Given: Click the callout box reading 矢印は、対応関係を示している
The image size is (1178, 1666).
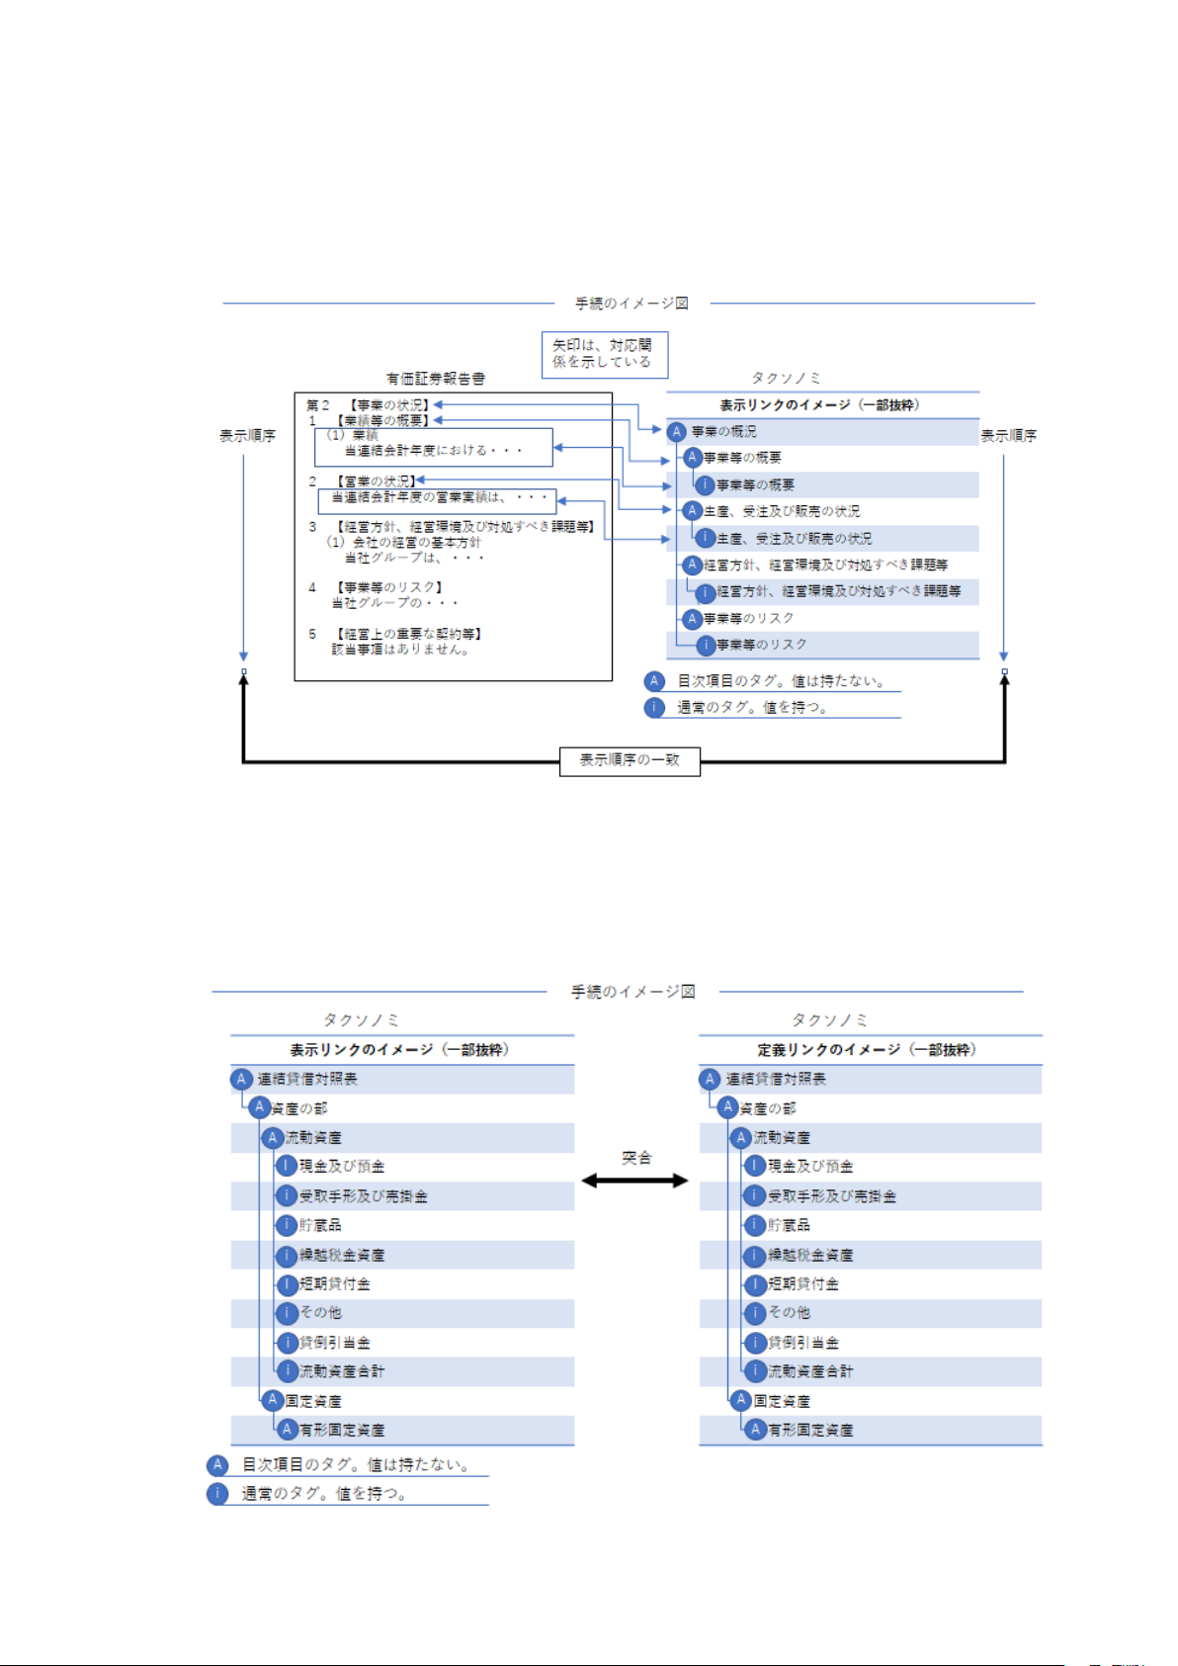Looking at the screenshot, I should point(604,354).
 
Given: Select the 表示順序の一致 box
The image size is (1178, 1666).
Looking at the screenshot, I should point(630,760).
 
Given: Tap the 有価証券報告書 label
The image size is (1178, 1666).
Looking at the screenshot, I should point(435,379).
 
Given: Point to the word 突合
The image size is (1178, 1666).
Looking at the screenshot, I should point(636,1158).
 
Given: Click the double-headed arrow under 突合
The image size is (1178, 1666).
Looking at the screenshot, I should point(634,1181).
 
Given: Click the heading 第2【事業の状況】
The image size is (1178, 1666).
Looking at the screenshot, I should point(368,405).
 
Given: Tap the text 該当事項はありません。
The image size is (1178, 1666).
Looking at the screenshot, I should point(401,650).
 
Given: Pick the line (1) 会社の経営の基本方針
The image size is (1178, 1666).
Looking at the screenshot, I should point(404,542).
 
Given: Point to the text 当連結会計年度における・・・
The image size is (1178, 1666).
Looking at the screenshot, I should point(433,450).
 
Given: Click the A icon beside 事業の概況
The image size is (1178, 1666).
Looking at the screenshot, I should point(677,432).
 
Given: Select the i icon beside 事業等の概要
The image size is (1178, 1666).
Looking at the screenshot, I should point(705,485).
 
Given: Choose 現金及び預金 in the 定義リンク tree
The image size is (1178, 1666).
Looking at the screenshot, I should point(810,1167).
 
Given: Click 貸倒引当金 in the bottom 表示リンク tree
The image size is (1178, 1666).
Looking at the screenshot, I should point(335,1343).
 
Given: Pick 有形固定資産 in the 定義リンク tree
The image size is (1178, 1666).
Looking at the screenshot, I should point(810,1430).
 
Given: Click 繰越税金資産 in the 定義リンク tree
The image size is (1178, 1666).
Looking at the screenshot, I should point(810,1255).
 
